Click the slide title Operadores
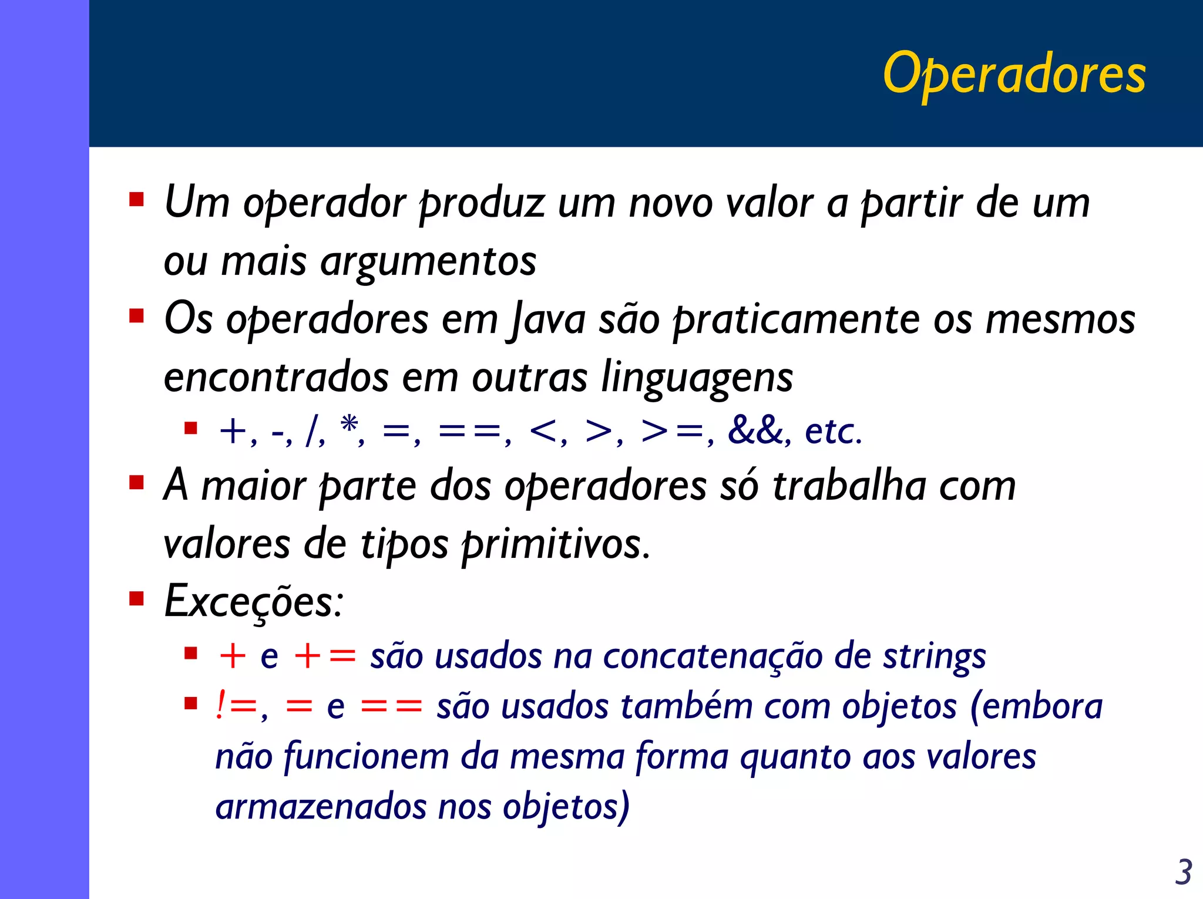tap(1014, 75)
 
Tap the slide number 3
tap(1183, 872)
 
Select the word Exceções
tap(253, 602)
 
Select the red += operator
tap(325, 656)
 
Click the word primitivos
tap(555, 544)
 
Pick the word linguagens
tap(697, 378)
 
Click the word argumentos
tap(428, 261)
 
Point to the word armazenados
tap(321, 807)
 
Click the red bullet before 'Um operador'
tap(137, 200)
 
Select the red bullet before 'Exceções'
tap(137, 599)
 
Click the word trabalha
tap(849, 487)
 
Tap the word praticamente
tap(796, 320)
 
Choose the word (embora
tap(1036, 706)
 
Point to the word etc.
tap(833, 431)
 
